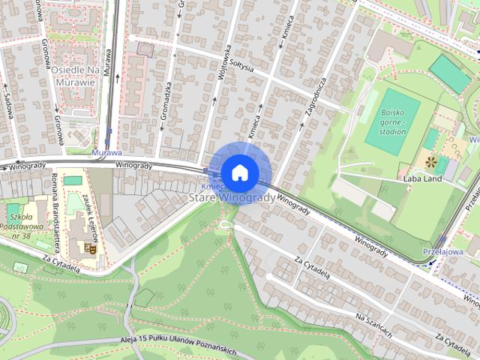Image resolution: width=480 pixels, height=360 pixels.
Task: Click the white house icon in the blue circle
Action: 239,172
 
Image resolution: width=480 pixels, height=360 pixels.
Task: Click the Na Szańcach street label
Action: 374,325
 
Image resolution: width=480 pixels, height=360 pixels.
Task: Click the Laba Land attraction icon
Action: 430,161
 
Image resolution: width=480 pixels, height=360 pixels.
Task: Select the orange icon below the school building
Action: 91,248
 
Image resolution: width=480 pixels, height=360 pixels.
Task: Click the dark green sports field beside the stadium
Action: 450,73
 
